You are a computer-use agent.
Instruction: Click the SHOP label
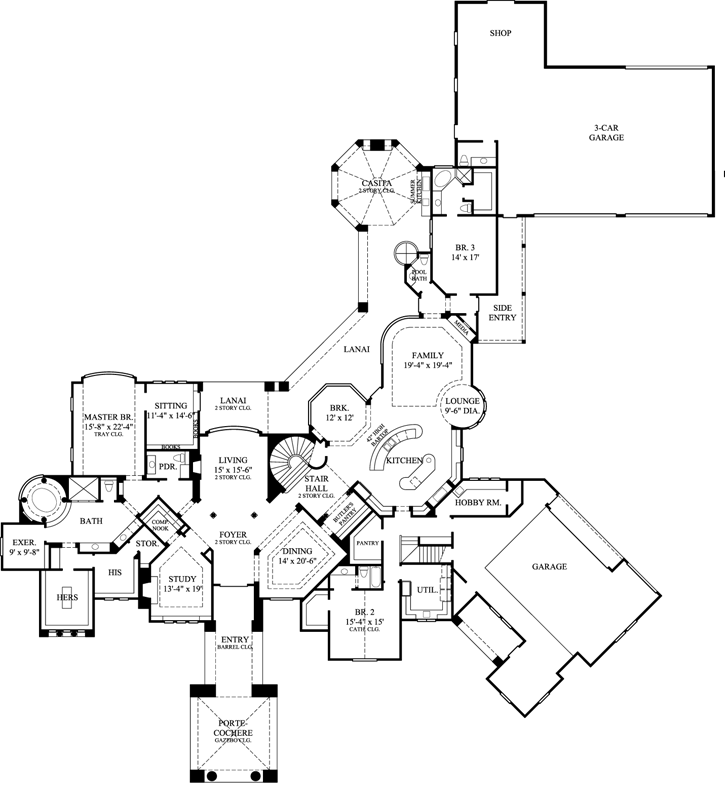point(500,33)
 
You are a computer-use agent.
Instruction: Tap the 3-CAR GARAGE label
point(606,132)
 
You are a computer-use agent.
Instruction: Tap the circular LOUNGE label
point(463,402)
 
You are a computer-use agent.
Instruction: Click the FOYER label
point(232,535)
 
